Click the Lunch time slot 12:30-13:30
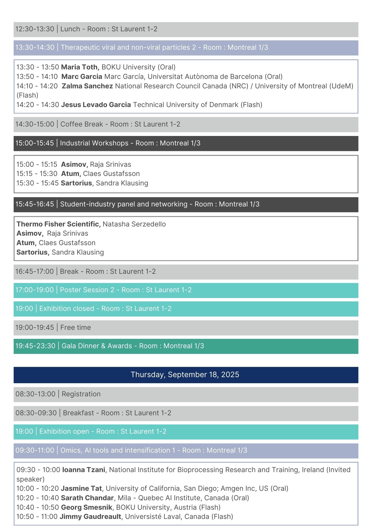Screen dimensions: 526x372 click(x=35, y=29)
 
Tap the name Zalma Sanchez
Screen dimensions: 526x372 click(x=87, y=86)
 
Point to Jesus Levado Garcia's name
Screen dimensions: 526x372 click(x=96, y=105)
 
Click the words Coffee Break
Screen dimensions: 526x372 click(x=82, y=124)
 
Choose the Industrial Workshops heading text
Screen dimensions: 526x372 click(x=94, y=143)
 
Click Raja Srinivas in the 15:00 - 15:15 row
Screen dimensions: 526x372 click(x=110, y=164)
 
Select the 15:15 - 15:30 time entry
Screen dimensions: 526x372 click(x=37, y=174)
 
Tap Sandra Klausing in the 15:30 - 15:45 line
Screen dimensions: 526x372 click(x=122, y=183)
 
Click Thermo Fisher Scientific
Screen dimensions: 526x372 click(x=58, y=224)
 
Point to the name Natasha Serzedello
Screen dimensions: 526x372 click(x=134, y=224)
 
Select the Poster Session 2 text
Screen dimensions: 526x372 click(x=87, y=290)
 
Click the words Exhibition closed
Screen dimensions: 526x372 click(x=67, y=308)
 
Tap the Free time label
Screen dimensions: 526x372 click(x=76, y=327)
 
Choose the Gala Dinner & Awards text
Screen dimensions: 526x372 click(x=97, y=346)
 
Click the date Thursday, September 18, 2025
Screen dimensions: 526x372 click(x=185, y=375)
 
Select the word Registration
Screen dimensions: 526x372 click(x=81, y=394)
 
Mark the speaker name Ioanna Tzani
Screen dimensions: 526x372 click(x=84, y=470)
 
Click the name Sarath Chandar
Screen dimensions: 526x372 click(x=87, y=498)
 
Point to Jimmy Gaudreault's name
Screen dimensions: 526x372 click(x=91, y=517)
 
